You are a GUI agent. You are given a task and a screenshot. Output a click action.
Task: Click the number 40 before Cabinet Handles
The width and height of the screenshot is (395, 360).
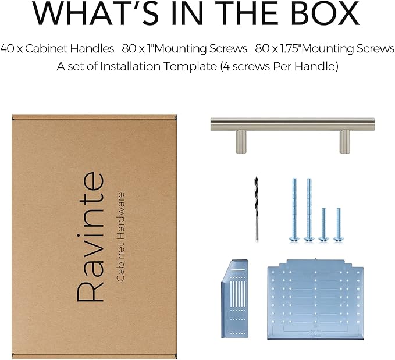point(8,48)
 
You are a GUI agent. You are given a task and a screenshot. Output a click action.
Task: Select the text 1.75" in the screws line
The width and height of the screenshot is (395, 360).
point(289,48)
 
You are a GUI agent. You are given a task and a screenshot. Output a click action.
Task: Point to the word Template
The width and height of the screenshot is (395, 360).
point(190,67)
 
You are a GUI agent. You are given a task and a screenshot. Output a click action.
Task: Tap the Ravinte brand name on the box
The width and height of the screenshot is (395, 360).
point(90,237)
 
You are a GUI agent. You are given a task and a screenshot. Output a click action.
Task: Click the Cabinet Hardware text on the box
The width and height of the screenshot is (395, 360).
point(120,237)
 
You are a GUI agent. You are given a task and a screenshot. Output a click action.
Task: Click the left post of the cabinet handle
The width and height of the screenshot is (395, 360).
point(241,141)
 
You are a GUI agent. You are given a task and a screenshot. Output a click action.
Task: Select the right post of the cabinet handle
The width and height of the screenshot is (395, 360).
point(344,141)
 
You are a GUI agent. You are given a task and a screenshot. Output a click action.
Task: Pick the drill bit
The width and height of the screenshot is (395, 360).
point(256,209)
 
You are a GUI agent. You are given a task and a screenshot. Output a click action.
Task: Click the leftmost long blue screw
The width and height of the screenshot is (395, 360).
point(294,210)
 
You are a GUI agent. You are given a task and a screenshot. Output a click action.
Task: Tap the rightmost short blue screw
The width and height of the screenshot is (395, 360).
point(339,225)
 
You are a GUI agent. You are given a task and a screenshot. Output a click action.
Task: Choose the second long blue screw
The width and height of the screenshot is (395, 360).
point(309,210)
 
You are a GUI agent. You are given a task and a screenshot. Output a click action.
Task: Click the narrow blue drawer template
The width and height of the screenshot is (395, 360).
point(235,298)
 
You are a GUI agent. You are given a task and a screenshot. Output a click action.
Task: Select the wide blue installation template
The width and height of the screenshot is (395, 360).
point(315,299)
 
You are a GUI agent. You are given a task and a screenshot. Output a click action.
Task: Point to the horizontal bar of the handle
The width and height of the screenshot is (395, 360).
point(293,124)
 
